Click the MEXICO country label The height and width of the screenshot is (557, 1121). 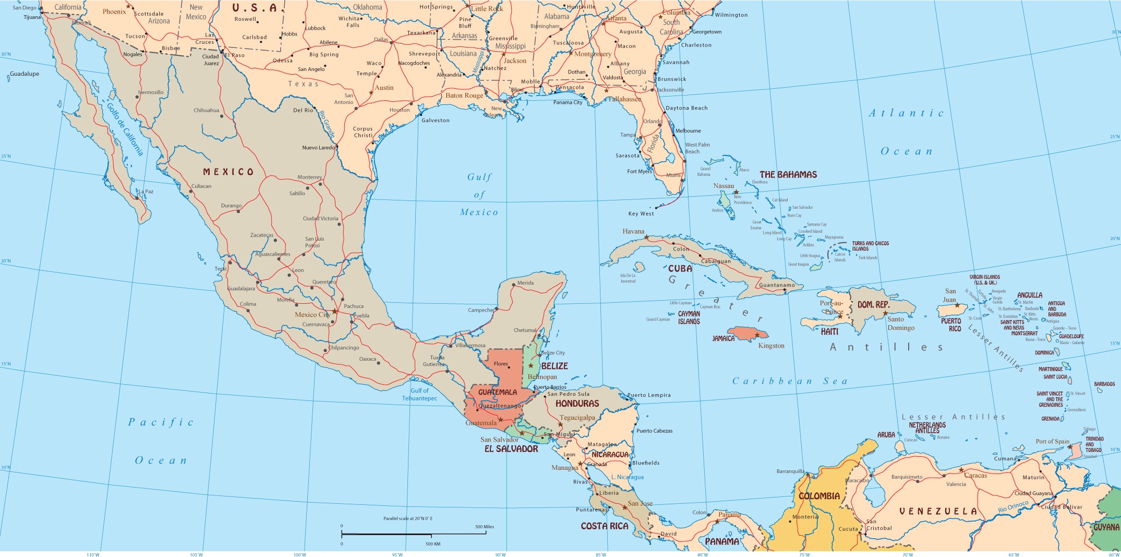pos(228,172)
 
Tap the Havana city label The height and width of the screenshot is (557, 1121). pos(633,231)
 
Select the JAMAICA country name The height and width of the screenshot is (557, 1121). pos(724,339)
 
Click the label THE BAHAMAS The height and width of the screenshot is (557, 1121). pos(788,175)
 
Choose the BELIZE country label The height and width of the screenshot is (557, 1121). pos(555,366)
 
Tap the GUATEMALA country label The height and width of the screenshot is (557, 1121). pos(498,392)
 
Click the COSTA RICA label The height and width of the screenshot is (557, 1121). pos(605,526)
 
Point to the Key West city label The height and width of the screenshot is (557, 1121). pos(641,214)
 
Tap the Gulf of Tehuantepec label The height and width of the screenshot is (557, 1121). pos(419,395)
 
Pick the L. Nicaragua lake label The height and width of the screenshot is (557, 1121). pos(627,477)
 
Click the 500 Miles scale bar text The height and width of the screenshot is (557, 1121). pos(484,527)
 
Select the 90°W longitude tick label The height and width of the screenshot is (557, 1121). pos(500,554)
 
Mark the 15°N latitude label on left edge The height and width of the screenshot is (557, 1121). pos(5,364)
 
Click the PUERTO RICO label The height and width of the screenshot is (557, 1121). pos(951,325)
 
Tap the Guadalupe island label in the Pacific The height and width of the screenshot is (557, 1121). pos(25,74)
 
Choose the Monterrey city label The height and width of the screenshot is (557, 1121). pos(310,177)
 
